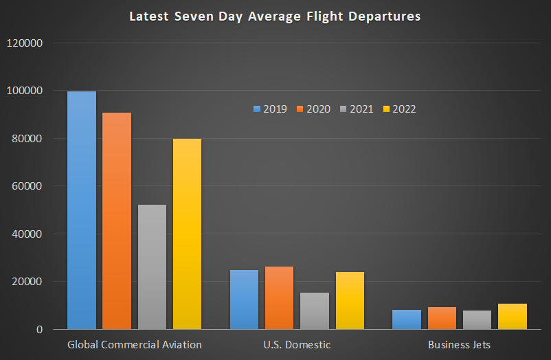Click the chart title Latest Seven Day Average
275,16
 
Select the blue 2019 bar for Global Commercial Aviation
82,210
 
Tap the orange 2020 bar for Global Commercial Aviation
117,221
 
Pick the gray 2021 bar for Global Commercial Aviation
152,267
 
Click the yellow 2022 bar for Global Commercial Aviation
187,234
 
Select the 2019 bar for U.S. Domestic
244,300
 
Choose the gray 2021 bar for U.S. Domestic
314,311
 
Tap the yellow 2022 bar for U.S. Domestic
350,301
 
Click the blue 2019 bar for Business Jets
407,319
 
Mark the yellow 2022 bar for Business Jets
513,317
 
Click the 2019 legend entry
271,109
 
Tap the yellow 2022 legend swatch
386,109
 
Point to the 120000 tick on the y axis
25,43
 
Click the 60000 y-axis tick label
27,186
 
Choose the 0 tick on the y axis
41,330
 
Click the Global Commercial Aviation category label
134,344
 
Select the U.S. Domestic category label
297,344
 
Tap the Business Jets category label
459,344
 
